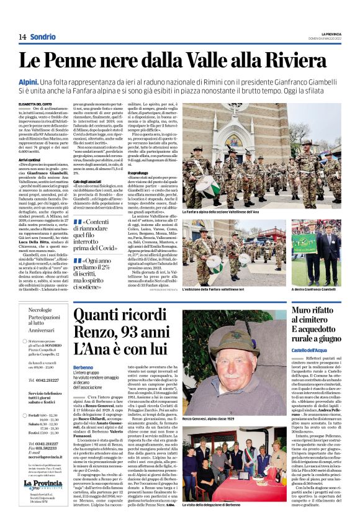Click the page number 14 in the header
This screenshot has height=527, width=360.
[22, 37]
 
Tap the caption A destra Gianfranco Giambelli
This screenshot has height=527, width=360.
[315, 289]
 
